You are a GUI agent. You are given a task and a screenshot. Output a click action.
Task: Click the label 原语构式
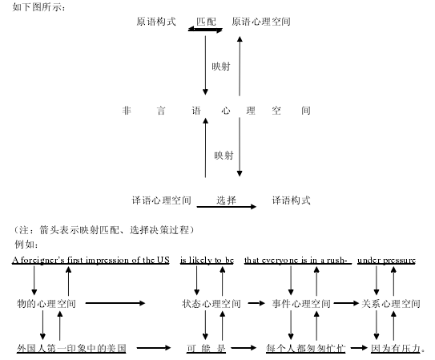click(x=156, y=22)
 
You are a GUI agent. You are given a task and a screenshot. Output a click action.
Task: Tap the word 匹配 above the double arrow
click(x=206, y=22)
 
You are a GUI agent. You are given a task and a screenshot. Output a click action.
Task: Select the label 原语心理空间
click(x=261, y=22)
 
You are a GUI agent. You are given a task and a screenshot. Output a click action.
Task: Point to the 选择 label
click(x=226, y=200)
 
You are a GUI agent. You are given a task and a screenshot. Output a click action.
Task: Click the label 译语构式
click(x=291, y=200)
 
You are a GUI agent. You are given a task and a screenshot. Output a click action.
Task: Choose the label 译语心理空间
click(x=162, y=200)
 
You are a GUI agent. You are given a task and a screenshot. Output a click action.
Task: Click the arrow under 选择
click(x=227, y=207)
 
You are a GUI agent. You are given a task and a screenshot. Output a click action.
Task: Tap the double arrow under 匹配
click(x=205, y=30)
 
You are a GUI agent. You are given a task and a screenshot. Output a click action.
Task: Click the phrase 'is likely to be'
click(x=207, y=260)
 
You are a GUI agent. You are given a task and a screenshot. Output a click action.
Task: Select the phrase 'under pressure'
click(x=386, y=260)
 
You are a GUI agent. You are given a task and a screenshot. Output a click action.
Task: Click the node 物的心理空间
click(x=46, y=303)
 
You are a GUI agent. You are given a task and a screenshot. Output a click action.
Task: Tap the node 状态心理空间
click(x=211, y=303)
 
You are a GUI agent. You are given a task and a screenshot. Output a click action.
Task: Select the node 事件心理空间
click(x=301, y=303)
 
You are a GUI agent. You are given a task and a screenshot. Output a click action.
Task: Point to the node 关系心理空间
click(x=391, y=303)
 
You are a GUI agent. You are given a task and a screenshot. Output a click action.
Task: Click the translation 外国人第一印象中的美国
click(x=71, y=348)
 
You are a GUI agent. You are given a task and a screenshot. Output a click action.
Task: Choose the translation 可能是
click(x=206, y=348)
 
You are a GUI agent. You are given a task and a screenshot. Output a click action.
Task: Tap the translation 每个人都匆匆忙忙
click(x=306, y=348)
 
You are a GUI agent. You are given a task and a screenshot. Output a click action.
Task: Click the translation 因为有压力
click(x=396, y=348)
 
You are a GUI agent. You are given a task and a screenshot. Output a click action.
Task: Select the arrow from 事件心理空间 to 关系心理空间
click(x=346, y=303)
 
